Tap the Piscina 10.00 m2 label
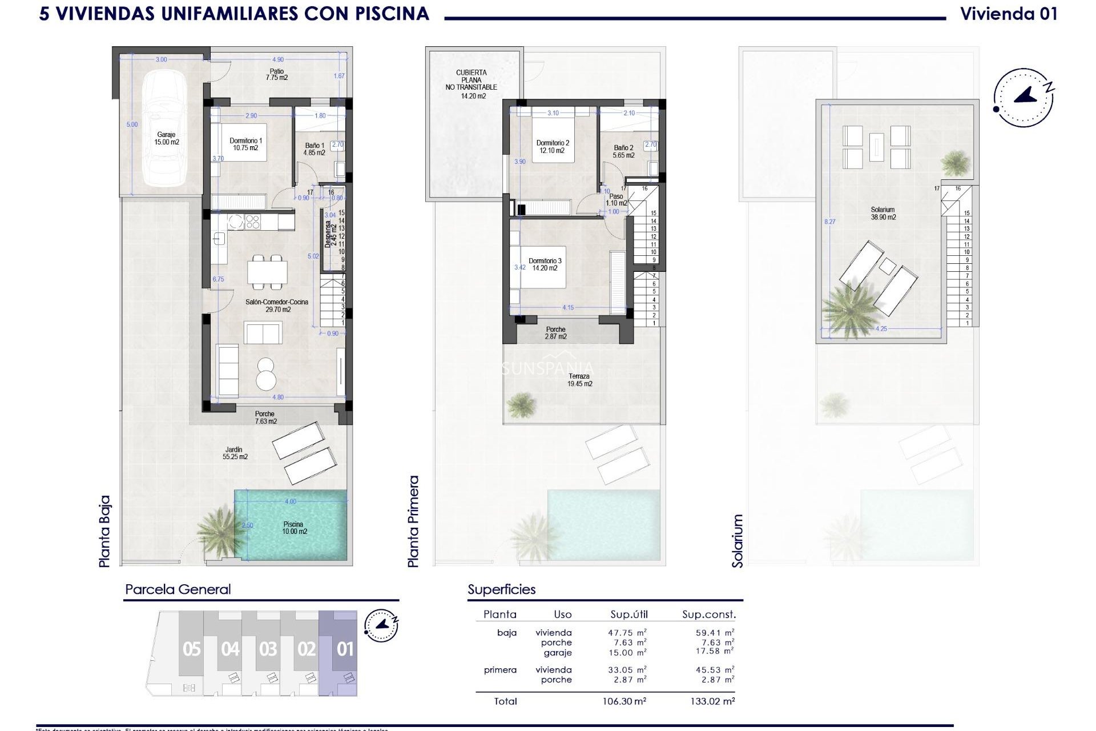293,528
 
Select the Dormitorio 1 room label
245,144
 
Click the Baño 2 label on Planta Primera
623,151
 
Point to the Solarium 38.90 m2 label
883,214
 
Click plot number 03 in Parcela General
268,649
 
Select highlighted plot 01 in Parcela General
344,649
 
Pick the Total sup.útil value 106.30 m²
627,701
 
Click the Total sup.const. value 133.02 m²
711,701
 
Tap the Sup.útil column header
628,614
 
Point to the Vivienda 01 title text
1009,14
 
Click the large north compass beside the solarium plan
1023,98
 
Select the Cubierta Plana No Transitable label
471,84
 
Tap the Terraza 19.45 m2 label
579,380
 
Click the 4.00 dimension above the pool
291,501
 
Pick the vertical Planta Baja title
104,531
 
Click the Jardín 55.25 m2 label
235,453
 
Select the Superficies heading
501,589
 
